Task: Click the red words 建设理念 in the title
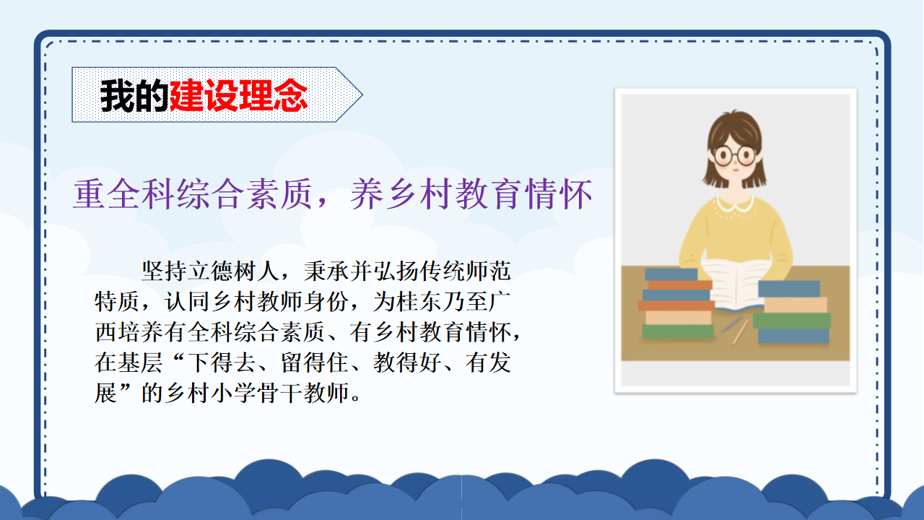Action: pos(238,96)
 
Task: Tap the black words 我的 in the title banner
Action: pos(134,96)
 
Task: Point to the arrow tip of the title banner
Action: pos(362,95)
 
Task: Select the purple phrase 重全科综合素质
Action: pos(193,194)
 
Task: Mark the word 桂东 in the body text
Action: pos(419,302)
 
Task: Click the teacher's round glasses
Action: pos(735,156)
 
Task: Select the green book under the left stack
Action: pos(678,331)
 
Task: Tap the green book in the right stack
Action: pos(792,321)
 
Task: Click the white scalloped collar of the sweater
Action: pos(736,203)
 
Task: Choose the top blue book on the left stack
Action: pos(671,274)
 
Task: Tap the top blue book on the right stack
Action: pos(789,288)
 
